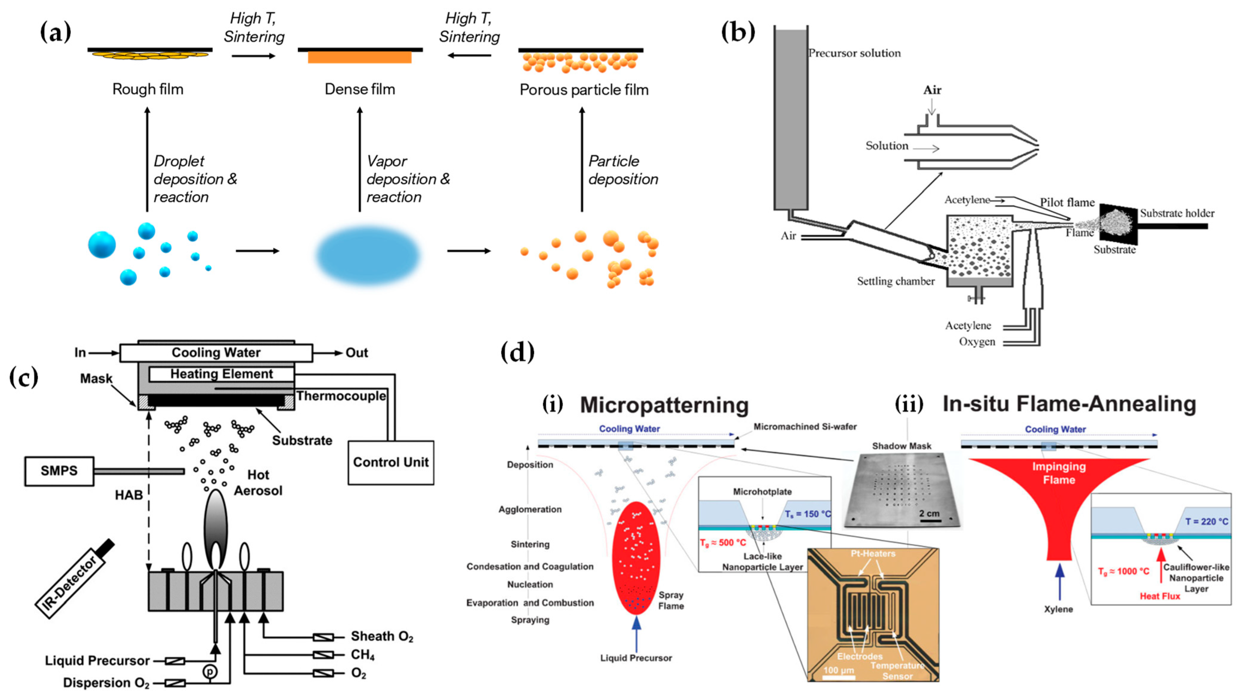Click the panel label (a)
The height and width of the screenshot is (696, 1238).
(x=55, y=33)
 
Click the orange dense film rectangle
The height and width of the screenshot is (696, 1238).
(x=359, y=58)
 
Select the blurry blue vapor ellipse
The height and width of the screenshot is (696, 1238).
(x=368, y=256)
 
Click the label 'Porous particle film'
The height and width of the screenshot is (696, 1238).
(x=584, y=90)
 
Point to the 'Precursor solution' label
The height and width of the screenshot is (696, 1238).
(x=854, y=53)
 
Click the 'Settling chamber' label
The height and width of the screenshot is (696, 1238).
(x=895, y=281)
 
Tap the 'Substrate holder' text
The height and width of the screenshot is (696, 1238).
(x=1177, y=213)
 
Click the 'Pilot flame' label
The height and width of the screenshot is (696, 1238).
(x=1067, y=202)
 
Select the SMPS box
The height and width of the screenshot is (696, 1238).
(x=59, y=471)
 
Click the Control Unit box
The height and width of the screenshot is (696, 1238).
(x=391, y=462)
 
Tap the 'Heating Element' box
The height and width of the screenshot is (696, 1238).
(x=221, y=374)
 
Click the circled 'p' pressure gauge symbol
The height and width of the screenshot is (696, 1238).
(x=210, y=671)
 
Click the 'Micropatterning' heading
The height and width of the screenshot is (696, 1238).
(x=664, y=405)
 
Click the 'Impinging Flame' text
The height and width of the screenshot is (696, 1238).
(x=1059, y=473)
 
